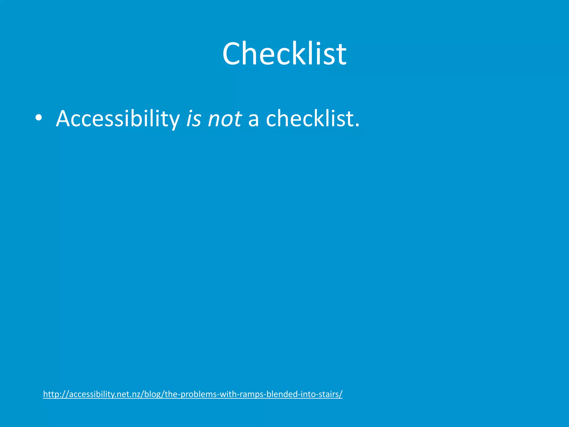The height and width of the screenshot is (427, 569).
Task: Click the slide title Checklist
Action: (284, 53)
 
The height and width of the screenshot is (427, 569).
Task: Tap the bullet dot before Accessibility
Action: (39, 118)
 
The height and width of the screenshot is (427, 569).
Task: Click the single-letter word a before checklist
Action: (253, 120)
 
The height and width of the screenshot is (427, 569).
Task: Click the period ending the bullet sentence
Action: (357, 125)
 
